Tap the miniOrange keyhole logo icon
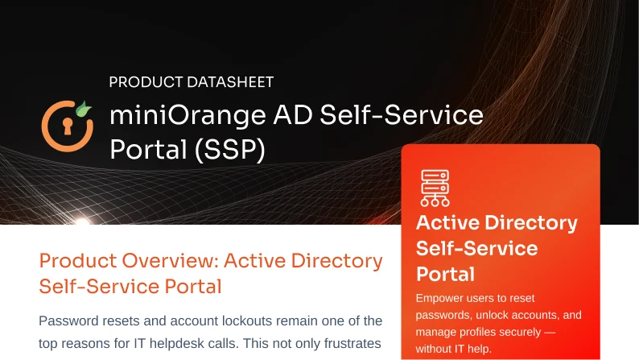[x=64, y=125]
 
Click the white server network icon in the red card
[x=435, y=187]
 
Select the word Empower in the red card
[x=441, y=299]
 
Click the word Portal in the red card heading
[x=444, y=273]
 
